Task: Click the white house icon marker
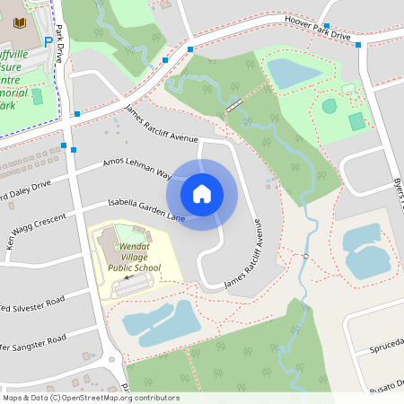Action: click(202, 193)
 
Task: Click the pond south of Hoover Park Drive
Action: click(294, 73)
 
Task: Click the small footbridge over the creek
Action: click(234, 106)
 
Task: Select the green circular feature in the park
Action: click(329, 106)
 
